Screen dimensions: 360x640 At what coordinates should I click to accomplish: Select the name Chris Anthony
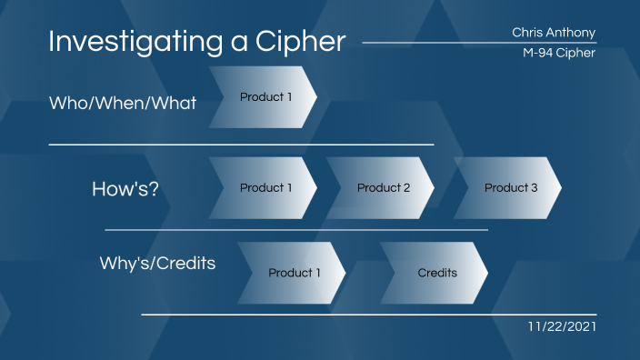[x=554, y=33]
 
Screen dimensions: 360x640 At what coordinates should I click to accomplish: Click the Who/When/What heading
[x=122, y=103]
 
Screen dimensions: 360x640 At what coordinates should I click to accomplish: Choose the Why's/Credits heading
[x=157, y=265]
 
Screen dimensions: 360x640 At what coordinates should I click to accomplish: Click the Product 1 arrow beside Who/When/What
[x=264, y=97]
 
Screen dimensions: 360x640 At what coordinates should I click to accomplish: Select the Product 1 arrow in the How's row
[x=264, y=188]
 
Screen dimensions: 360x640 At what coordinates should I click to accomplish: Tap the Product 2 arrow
[x=382, y=188]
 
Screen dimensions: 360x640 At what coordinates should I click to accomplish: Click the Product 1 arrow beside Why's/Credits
[x=293, y=273]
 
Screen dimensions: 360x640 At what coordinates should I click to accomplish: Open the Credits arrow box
[x=438, y=273]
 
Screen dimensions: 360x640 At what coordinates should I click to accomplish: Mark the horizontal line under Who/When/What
[x=241, y=145]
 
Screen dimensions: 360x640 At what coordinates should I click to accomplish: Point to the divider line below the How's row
[x=296, y=230]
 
